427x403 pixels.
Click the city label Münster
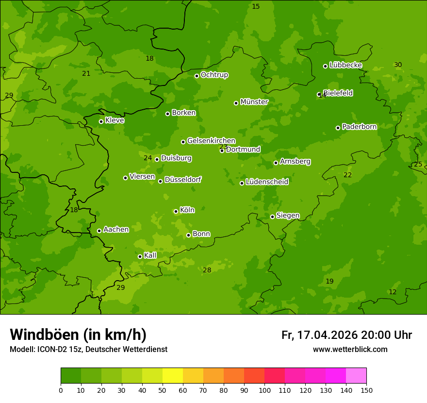(x=254, y=102)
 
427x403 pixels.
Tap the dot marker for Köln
(x=176, y=211)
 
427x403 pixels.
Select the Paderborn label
(x=359, y=127)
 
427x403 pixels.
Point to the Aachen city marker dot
(x=99, y=231)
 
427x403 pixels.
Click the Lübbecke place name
(x=345, y=65)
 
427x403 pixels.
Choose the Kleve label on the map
(x=115, y=120)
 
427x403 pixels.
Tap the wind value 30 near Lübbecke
(x=398, y=65)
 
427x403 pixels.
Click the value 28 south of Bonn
(x=207, y=270)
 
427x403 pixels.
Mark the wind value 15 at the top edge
(x=256, y=7)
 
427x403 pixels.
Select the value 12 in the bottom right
(x=393, y=292)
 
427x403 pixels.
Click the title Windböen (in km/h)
(x=78, y=335)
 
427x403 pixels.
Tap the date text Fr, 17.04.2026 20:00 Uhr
(x=346, y=335)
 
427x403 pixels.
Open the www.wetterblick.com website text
(x=350, y=350)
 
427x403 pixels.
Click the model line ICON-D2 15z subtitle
(x=88, y=350)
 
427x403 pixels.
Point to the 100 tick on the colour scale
(x=264, y=390)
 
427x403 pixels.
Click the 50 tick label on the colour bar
(x=163, y=390)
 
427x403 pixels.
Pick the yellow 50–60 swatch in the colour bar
(x=173, y=376)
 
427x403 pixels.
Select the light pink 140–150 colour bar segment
(x=356, y=376)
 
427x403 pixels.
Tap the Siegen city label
(x=288, y=216)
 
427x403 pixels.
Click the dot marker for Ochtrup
(x=197, y=76)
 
